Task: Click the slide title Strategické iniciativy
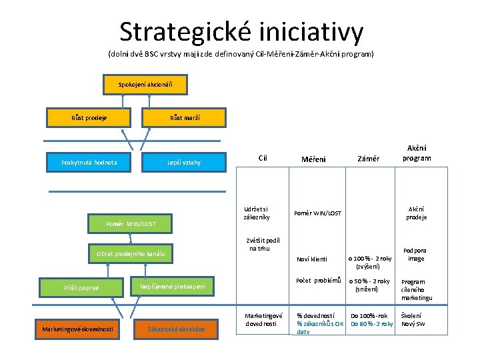click(x=241, y=31)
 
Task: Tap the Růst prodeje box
click(x=90, y=117)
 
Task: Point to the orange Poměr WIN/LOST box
click(x=131, y=223)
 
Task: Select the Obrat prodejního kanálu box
click(x=131, y=253)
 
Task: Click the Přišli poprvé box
click(x=81, y=287)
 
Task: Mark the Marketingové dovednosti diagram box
click(x=77, y=328)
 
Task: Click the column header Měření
click(x=313, y=159)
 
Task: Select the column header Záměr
click(x=368, y=159)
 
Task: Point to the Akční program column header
click(x=416, y=153)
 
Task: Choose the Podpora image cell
click(x=416, y=255)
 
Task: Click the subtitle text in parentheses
click(x=241, y=53)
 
